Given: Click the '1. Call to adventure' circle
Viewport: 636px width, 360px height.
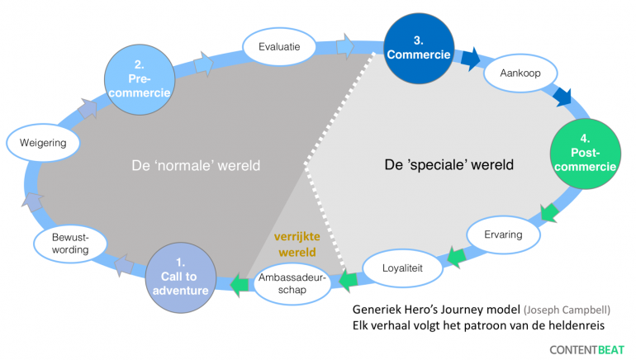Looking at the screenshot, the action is [181, 277].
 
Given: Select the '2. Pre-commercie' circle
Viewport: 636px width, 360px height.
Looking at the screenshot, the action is [140, 79].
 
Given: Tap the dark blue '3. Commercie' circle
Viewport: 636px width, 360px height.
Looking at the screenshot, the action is [419, 49].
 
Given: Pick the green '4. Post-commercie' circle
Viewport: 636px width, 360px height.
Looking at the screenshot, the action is [586, 154].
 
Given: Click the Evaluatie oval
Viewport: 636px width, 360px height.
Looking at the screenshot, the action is [279, 46].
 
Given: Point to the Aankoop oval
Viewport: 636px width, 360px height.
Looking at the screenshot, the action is [520, 73].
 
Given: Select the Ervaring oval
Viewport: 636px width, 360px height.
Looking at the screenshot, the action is [503, 234].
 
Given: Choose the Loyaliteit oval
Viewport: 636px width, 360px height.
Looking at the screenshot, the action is [402, 268].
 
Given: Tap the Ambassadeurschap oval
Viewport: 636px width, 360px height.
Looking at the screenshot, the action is [292, 283].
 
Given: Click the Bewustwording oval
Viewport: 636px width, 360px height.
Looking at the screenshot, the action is [70, 244].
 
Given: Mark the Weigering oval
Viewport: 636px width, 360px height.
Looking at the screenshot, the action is [43, 143].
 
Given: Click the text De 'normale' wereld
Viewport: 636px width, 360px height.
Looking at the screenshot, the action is [196, 165].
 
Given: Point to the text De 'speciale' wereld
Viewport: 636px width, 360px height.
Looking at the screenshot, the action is [449, 164].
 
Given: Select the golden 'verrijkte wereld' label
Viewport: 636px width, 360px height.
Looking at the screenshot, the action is [297, 244].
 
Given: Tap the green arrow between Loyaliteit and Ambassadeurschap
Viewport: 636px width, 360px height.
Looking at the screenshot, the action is [348, 281].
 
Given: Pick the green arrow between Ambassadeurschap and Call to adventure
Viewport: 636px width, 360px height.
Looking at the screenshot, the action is [240, 284].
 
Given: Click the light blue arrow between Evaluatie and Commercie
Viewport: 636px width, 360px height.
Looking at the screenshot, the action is [344, 46].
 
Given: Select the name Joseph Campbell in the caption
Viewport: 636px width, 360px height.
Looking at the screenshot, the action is [567, 310].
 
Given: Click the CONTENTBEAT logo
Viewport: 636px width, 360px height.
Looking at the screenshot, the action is [587, 350].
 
